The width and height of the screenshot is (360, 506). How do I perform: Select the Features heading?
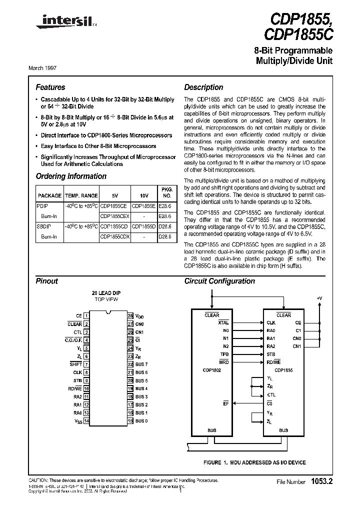coord(50,87)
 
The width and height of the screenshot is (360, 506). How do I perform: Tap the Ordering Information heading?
coord(71,176)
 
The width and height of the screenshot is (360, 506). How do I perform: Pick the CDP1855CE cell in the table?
coord(114,205)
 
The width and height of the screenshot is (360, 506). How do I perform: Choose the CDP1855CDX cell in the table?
coord(115,236)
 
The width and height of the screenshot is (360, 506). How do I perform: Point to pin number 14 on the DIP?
coord(86,421)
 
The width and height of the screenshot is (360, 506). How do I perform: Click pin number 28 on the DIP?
coord(130,316)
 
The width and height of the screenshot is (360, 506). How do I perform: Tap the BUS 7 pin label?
coord(141,364)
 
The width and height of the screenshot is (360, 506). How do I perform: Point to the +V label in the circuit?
coord(319,298)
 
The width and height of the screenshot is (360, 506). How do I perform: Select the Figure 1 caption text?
coord(255,462)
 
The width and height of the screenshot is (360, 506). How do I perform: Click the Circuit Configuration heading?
coord(219,281)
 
